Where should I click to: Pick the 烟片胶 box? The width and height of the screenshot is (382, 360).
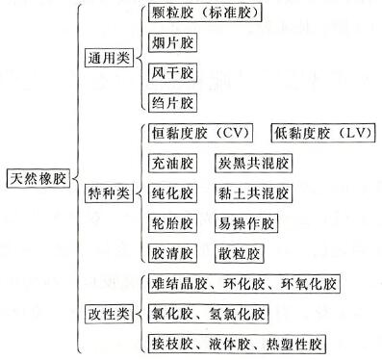point(173,42)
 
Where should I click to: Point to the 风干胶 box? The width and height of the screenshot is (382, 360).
point(173,72)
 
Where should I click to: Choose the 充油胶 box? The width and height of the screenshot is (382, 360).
point(173,163)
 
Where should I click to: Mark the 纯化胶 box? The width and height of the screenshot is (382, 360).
point(173,193)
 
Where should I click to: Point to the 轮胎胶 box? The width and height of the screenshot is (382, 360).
point(173,223)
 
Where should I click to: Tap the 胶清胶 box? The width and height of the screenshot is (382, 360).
point(173,253)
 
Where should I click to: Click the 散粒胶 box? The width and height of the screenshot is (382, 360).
point(238,253)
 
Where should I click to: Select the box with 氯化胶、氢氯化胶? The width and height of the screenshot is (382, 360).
point(209,314)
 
